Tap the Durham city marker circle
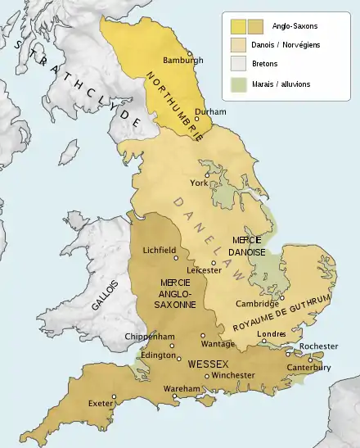click(x=196, y=119)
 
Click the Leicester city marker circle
click(x=214, y=264)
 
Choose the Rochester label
click(x=317, y=346)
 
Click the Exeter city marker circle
click(x=115, y=396)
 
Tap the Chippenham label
click(x=146, y=337)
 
